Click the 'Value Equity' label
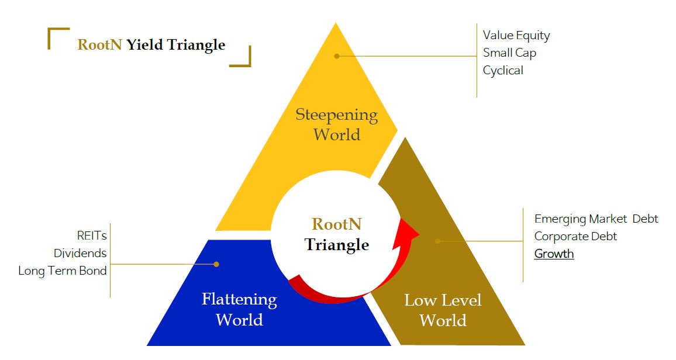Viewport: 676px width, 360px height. tap(516, 36)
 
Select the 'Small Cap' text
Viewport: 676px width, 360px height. tap(509, 53)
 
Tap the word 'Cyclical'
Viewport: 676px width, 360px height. tap(503, 71)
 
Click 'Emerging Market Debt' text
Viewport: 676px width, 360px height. tap(596, 219)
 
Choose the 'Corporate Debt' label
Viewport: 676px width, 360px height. tap(575, 237)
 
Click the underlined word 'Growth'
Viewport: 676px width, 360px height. tap(554, 254)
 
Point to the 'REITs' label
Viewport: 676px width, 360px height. tap(92, 236)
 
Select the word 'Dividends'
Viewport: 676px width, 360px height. tap(80, 254)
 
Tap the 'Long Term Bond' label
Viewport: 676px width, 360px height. tap(63, 271)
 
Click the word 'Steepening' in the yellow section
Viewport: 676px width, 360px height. tap(336, 115)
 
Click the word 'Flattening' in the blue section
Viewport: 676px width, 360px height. tap(239, 300)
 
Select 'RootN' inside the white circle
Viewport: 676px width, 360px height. tap(337, 224)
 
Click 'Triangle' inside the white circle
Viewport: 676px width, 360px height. tap(337, 244)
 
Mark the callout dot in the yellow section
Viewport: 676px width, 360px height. tap(337, 56)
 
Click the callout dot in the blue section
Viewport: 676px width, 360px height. tap(216, 264)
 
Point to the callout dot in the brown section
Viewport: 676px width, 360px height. tap(437, 241)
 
